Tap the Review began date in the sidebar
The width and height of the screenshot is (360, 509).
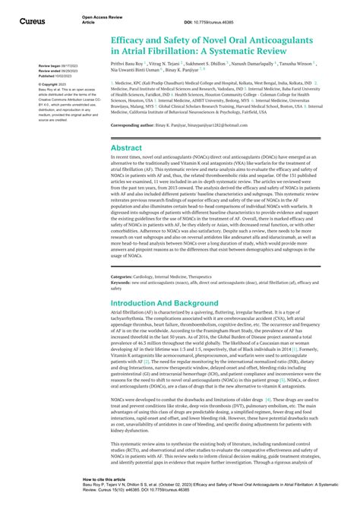(54, 67)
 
